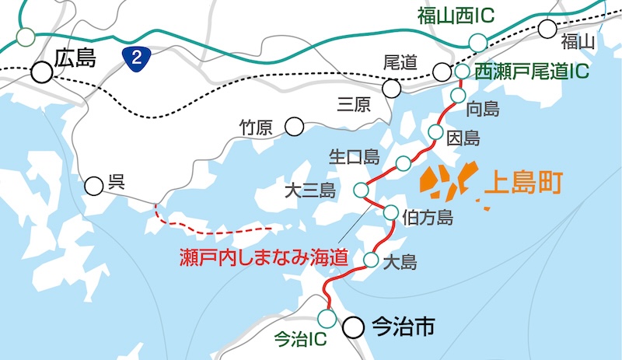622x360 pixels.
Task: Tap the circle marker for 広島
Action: coord(41,73)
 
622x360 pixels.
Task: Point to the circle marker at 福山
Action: coord(548,30)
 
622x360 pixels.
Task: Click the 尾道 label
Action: coord(401,61)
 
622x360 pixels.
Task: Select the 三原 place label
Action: coord(355,104)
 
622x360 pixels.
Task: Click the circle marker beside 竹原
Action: coord(295,125)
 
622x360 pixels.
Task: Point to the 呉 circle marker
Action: coord(94,185)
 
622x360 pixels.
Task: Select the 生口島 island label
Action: coord(354,158)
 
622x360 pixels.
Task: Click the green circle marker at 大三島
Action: coord(361,190)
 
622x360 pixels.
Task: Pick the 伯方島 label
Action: coord(428,217)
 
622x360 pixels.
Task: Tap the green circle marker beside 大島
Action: coord(371,260)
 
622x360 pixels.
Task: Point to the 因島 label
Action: coord(464,139)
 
